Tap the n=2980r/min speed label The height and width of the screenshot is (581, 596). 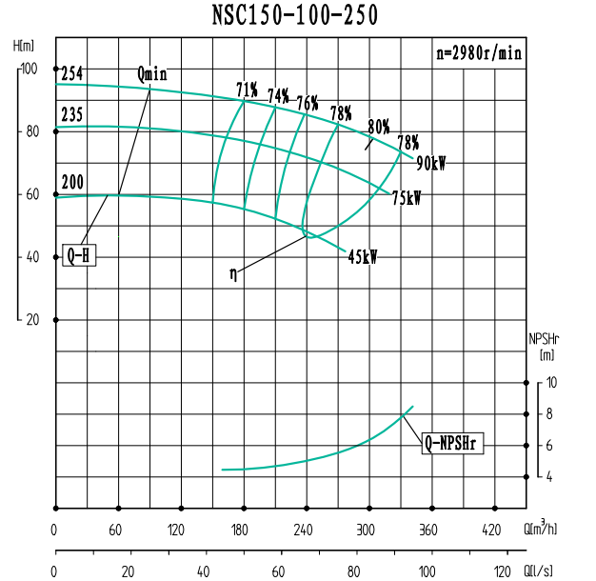coord(478,53)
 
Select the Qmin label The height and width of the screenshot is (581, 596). coord(152,74)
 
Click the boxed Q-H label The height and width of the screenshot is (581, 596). coord(79,255)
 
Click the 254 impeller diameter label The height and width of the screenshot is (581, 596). coord(72,74)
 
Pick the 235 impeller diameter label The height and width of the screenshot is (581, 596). coord(72,115)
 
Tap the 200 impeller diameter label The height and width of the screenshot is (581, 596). coord(72,182)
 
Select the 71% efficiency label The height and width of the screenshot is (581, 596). coord(248,90)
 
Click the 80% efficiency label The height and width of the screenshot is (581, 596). coord(379,127)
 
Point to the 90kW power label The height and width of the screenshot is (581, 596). coord(430,163)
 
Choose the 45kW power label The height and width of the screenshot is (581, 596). coord(362,257)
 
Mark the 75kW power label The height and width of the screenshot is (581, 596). coord(407,198)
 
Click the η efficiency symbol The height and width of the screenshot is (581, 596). coord(234,273)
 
